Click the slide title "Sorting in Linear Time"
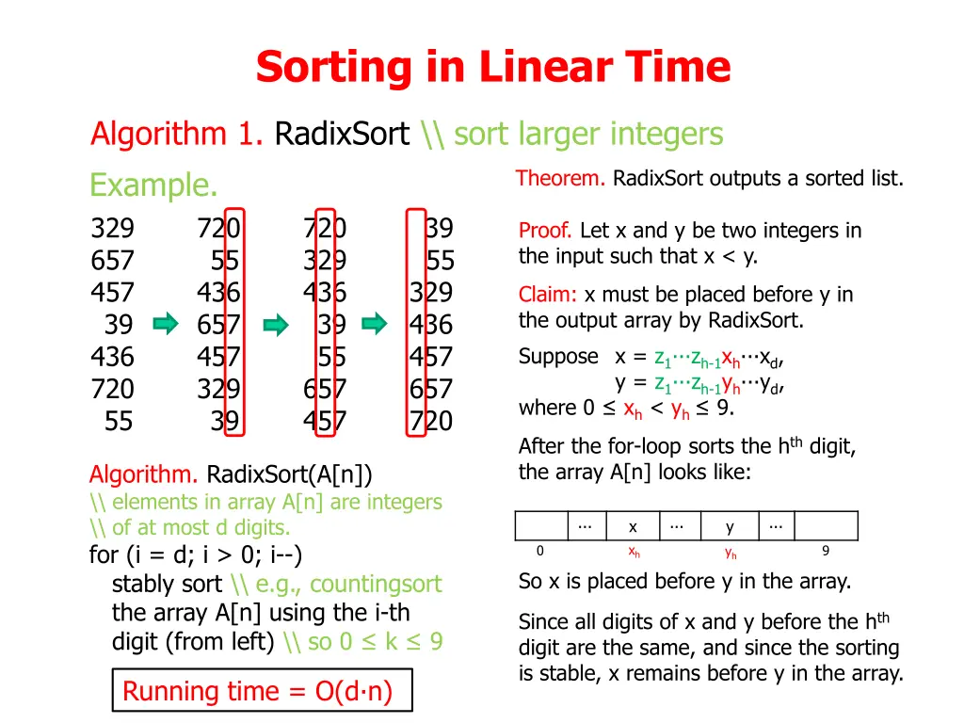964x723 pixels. pos(492,67)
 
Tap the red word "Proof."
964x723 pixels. pos(546,231)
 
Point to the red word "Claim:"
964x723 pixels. pos(549,295)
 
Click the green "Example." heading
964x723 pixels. pos(153,185)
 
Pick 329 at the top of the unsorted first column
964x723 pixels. pos(113,229)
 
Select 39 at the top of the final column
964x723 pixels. pos(439,229)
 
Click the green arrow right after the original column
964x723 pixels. pos(166,325)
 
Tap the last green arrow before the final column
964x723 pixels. pos(375,325)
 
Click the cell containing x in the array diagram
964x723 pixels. pos(633,526)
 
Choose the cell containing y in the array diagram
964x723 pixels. pos(730,526)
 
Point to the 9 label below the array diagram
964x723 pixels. pos(825,552)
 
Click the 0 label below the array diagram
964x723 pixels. pos(539,552)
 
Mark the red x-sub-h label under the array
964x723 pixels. pos(634,553)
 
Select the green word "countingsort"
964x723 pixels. pos(375,584)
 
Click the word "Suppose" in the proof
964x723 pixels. pos(558,357)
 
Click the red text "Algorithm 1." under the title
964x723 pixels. pos(176,135)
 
